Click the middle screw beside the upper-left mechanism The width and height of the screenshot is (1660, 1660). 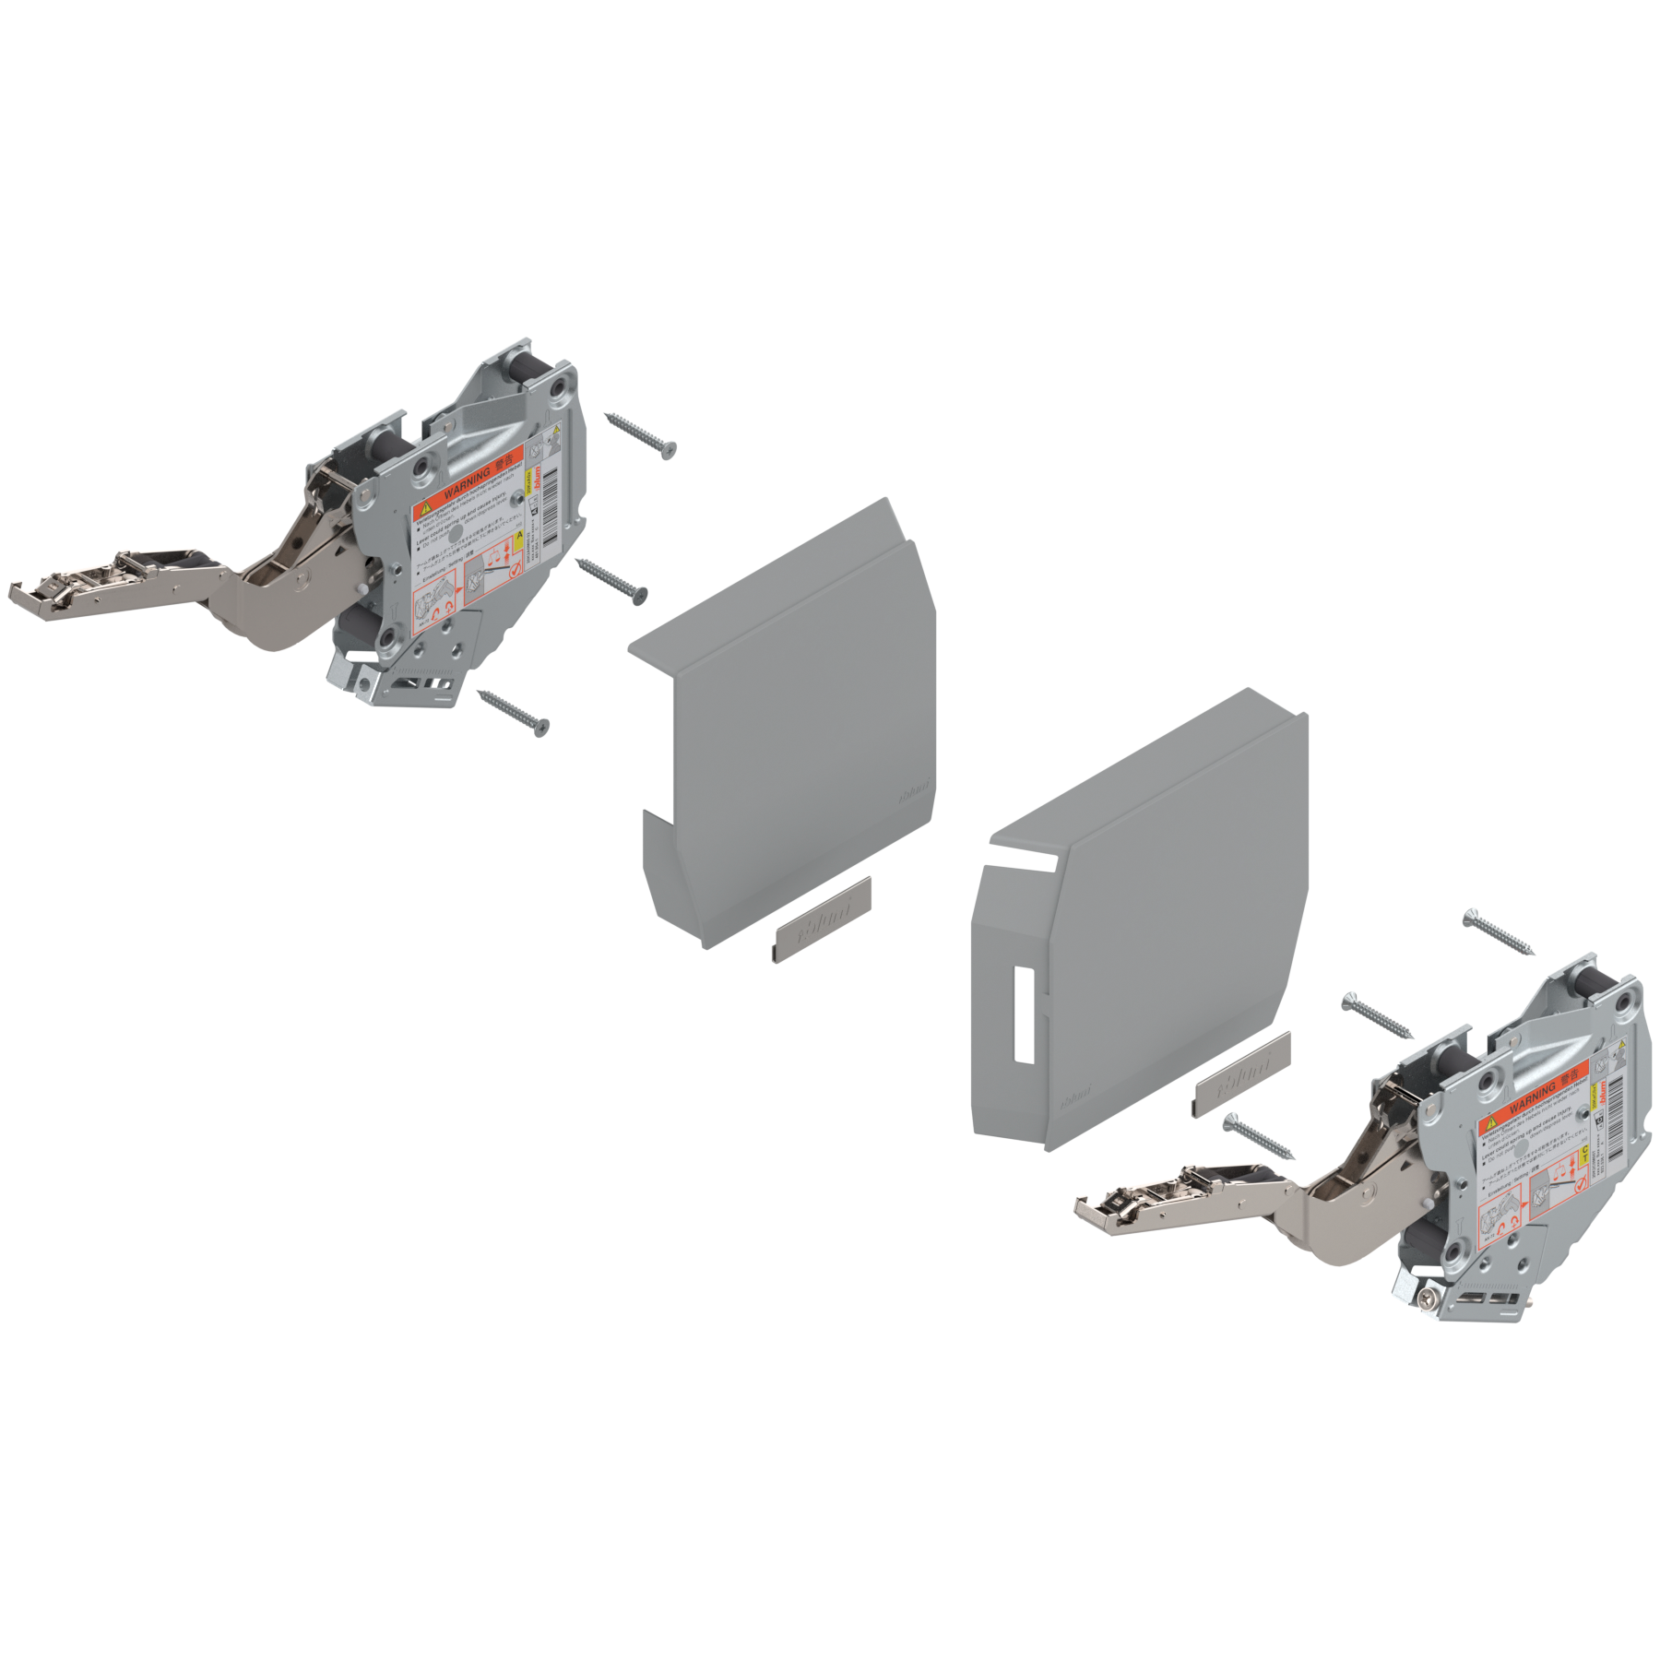pos(611,580)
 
